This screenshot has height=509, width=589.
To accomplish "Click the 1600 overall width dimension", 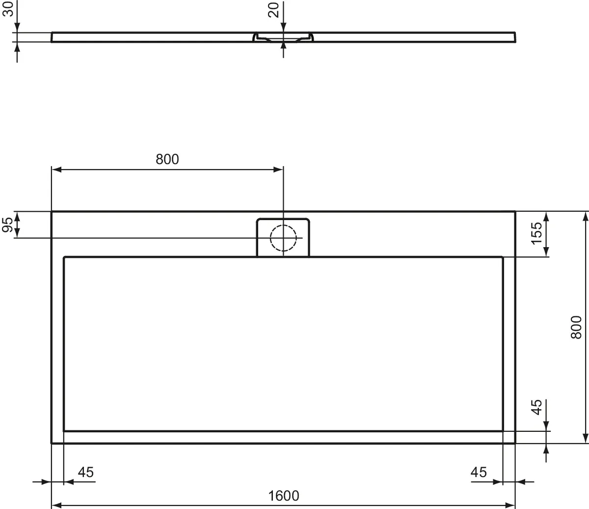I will (x=284, y=495).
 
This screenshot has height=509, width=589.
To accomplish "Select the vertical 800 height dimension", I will (x=576, y=327).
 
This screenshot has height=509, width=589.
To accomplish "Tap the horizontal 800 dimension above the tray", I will (x=167, y=159).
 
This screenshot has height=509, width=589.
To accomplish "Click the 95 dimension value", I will (x=7, y=225).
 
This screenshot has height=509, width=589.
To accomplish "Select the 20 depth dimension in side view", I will (x=274, y=10).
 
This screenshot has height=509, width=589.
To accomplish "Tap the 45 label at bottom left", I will (x=86, y=472).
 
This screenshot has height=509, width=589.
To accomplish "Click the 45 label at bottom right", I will (x=479, y=472).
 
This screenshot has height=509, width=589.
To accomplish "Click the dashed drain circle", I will (x=283, y=238).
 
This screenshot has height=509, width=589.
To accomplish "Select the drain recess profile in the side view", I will (x=283, y=38).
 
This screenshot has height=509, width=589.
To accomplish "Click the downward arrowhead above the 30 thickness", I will (x=17, y=28).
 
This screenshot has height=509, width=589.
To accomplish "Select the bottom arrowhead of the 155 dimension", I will (x=546, y=253).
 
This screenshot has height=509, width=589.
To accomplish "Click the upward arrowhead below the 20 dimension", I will (x=283, y=46).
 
